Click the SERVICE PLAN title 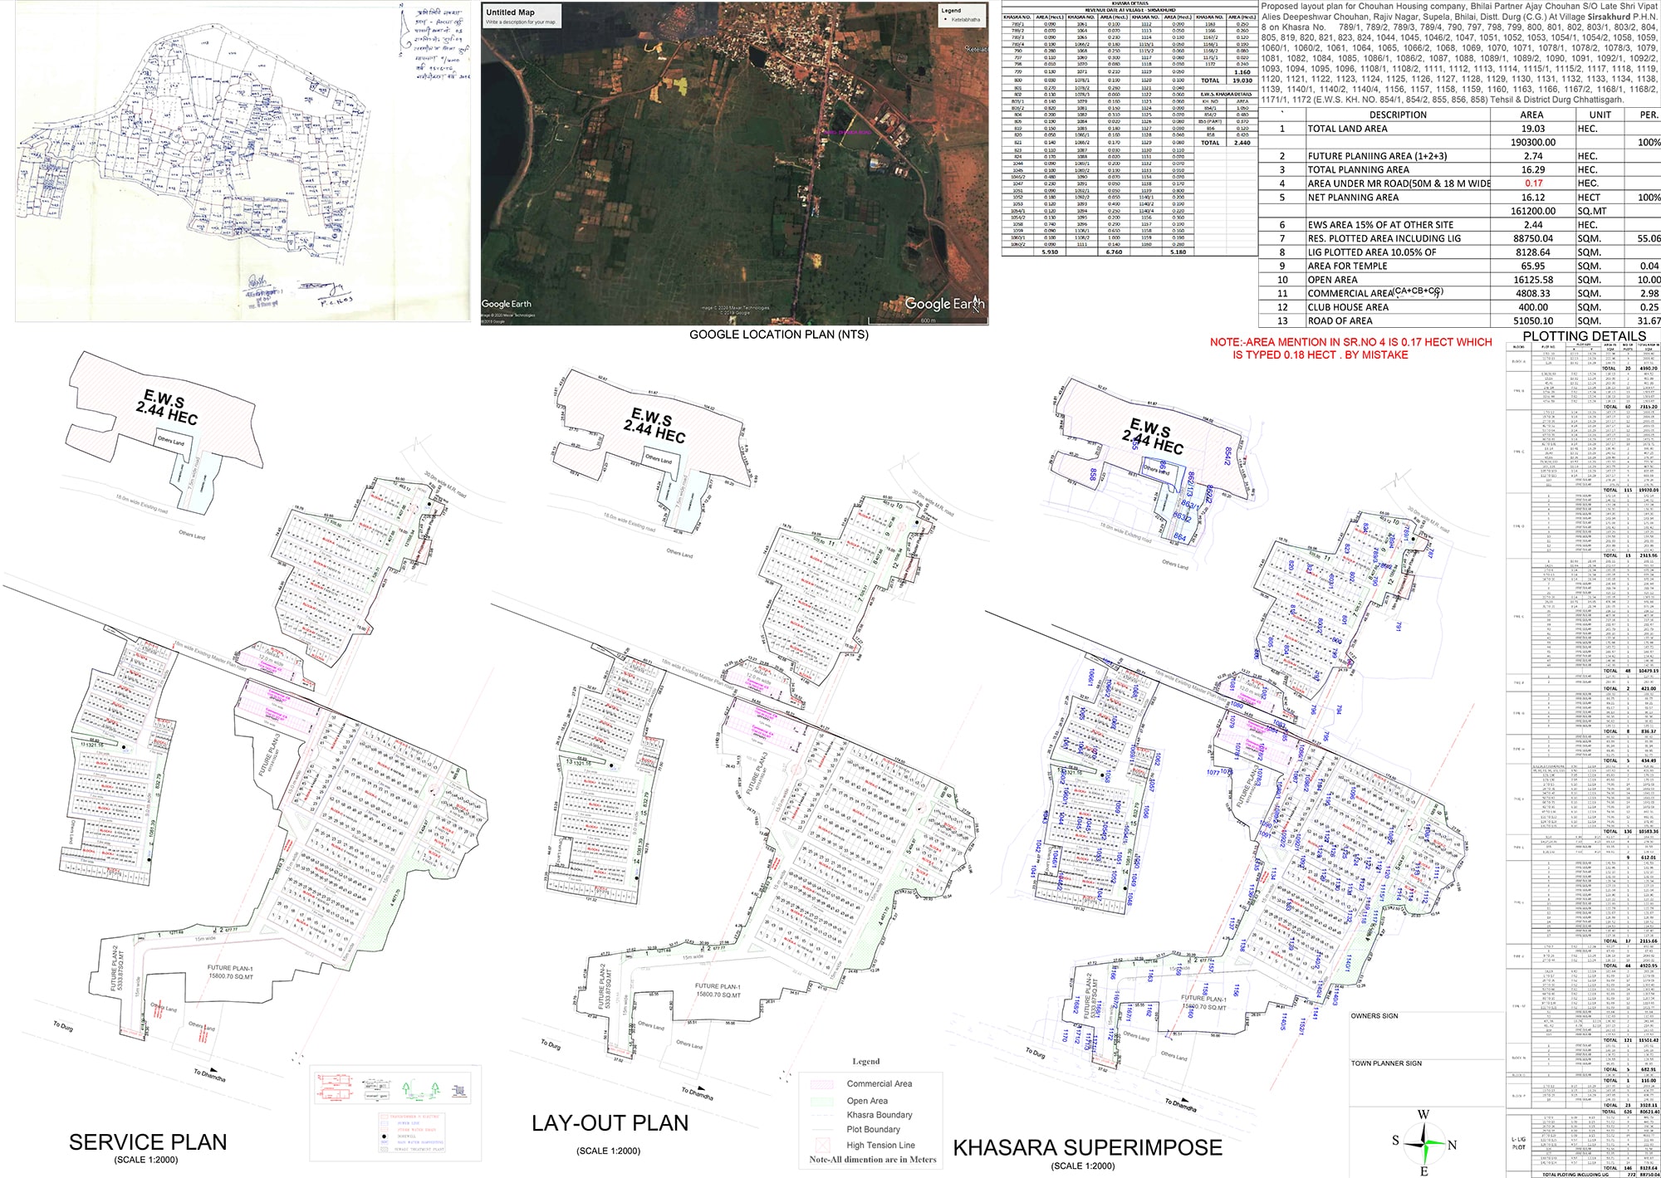[x=148, y=1142]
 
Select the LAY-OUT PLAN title [x=610, y=1123]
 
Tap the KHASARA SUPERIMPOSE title [x=1087, y=1148]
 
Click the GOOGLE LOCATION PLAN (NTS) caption [x=778, y=335]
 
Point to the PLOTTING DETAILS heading [x=1584, y=336]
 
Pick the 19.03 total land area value [x=1532, y=129]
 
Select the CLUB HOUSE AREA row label [x=1348, y=307]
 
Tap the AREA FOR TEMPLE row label [x=1347, y=266]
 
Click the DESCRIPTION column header [x=1398, y=115]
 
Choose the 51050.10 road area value [x=1532, y=320]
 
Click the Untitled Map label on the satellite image [x=510, y=12]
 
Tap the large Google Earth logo [x=944, y=304]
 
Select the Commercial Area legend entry [x=879, y=1083]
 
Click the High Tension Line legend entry [x=880, y=1145]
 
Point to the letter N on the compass [x=1452, y=1146]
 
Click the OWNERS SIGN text [x=1374, y=1016]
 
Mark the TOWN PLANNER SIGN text [x=1386, y=1063]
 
